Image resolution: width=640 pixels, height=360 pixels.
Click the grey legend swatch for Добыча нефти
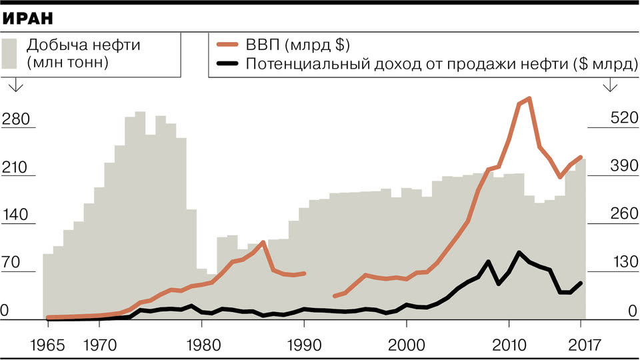coord(10,53)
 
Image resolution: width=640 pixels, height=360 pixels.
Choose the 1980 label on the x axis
coord(203,345)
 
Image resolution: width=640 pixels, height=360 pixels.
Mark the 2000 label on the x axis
coord(407,345)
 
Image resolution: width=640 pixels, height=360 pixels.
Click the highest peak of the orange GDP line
coord(529,99)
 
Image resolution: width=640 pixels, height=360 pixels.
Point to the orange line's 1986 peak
coord(264,242)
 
